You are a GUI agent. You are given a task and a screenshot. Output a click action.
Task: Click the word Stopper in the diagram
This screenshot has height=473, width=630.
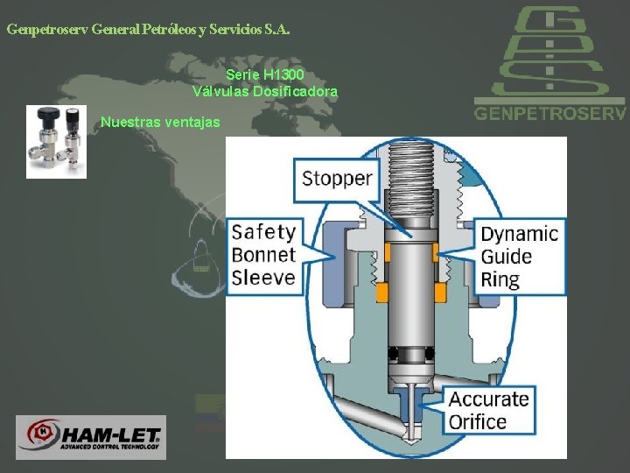pos(337,179)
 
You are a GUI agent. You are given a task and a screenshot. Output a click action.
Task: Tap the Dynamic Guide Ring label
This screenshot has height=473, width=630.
pos(518,256)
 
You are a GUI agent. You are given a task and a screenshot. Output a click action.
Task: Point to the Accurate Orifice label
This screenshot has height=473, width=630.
pos(489,410)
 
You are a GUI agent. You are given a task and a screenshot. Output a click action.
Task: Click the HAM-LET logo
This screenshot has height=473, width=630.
pos(91,436)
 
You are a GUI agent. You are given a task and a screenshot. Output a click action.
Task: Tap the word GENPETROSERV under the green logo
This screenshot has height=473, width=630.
pos(549,113)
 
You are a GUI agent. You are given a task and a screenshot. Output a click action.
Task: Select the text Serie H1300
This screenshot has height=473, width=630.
pos(264,76)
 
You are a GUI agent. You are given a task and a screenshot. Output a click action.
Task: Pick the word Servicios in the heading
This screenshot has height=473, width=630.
pos(234,29)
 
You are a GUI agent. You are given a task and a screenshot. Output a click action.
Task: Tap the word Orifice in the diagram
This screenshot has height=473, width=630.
pos(478,421)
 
